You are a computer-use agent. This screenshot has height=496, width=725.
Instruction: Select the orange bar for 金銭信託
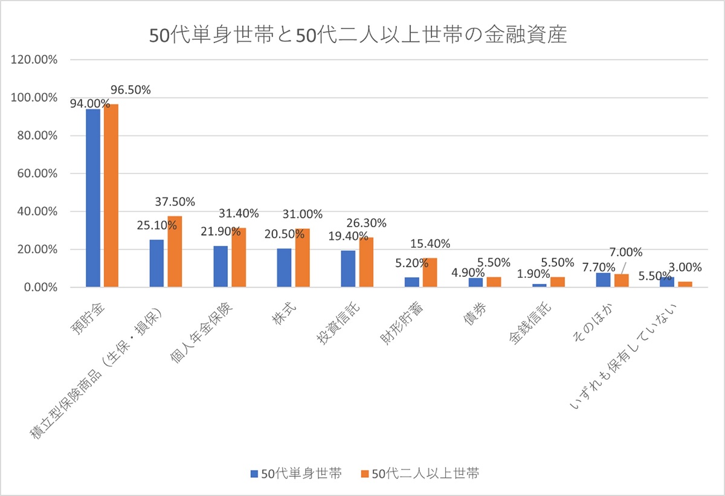coord(558,282)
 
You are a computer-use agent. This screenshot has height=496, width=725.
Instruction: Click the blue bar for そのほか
coord(604,280)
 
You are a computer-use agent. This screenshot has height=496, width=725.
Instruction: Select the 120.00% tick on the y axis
coord(34,60)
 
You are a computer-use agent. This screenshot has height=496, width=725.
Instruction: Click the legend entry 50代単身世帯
coord(296,473)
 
